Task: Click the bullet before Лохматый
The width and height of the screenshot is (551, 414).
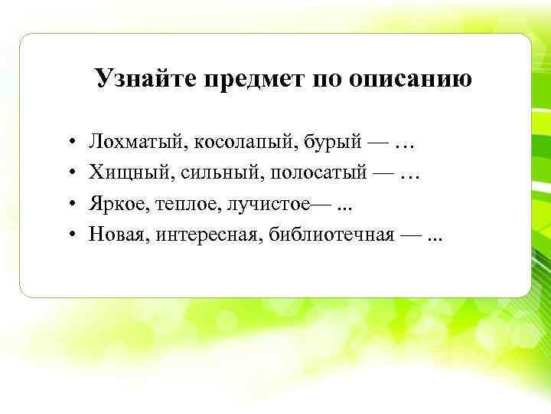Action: click(x=69, y=143)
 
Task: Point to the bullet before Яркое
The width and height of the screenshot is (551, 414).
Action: click(x=69, y=204)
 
